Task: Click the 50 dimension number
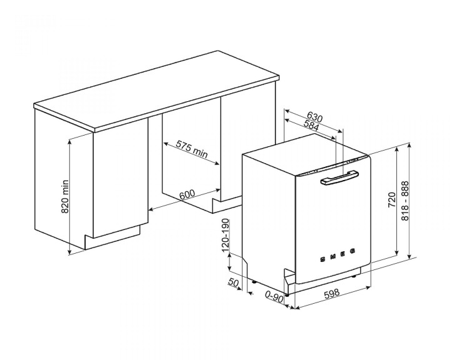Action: pyautogui.click(x=234, y=282)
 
